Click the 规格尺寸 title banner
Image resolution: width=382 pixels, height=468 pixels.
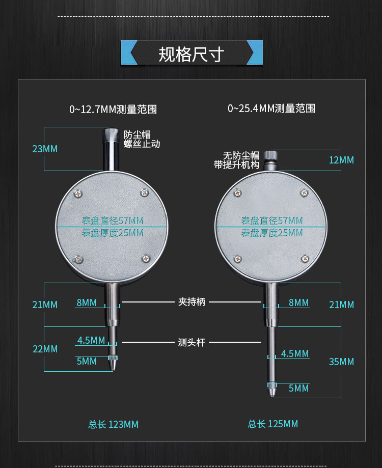(x=192, y=53)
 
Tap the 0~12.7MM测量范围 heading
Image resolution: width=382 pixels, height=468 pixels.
(x=113, y=109)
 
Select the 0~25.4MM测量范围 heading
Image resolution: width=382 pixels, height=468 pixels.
(x=271, y=108)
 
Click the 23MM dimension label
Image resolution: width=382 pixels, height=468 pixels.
(x=45, y=149)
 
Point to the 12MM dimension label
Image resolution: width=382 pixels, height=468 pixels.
(x=341, y=160)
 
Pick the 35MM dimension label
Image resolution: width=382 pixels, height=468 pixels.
(x=341, y=362)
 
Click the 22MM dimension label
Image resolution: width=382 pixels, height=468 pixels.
(x=45, y=349)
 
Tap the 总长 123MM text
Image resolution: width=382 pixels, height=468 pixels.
(x=113, y=424)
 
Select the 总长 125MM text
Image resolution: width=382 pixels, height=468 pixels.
(x=273, y=424)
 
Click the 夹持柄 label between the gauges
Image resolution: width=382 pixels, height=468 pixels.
(x=192, y=302)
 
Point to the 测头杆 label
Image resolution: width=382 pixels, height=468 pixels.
(x=192, y=343)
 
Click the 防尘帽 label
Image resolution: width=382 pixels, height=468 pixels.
(x=137, y=134)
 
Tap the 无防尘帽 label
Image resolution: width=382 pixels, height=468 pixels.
(x=241, y=155)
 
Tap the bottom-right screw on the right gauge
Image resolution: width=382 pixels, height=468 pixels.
(x=305, y=258)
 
